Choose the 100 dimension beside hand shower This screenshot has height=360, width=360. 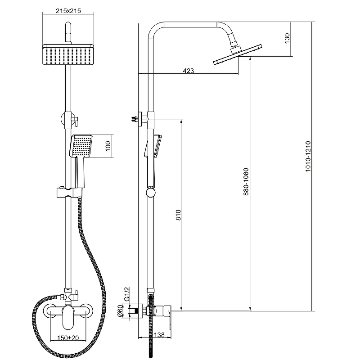pyautogui.click(x=108, y=146)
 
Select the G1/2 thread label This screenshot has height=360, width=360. pyautogui.click(x=127, y=294)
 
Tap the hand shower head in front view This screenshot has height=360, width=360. pyautogui.click(x=81, y=146)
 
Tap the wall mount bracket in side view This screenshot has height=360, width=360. pyautogui.click(x=143, y=119)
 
